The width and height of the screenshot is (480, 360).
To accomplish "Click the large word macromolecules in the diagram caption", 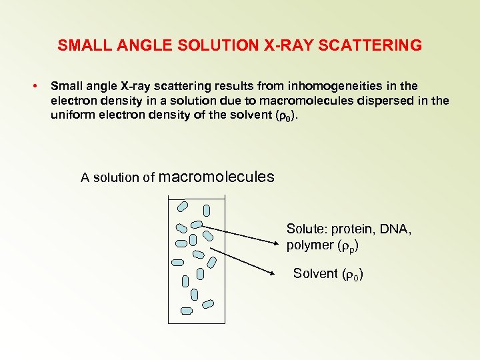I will [x=216, y=177].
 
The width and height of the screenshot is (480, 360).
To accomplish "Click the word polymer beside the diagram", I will [x=309, y=245].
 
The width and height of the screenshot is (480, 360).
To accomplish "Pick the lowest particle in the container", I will [x=187, y=310].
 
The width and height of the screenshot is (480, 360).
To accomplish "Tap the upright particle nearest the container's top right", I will [x=207, y=211].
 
